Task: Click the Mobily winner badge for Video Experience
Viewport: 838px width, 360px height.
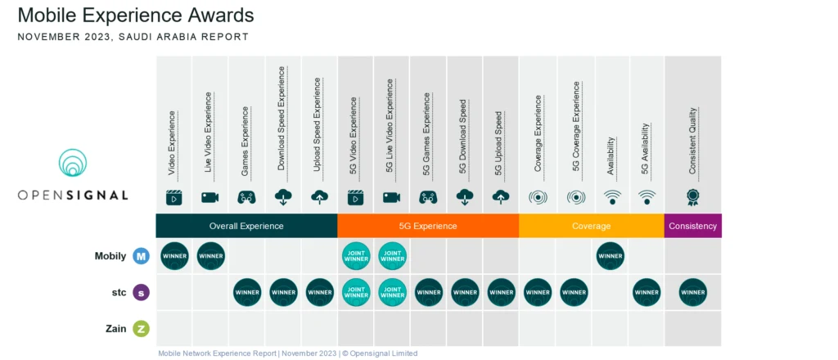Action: tap(174, 256)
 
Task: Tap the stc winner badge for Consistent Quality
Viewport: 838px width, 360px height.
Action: tap(692, 292)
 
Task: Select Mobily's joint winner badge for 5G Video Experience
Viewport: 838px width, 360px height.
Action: tap(355, 256)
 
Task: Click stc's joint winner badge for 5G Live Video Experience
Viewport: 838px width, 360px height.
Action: tap(392, 292)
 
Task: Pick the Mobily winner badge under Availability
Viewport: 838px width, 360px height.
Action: tap(610, 256)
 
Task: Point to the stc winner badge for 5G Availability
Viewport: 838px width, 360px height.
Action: tap(647, 292)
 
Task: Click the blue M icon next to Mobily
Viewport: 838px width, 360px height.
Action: tap(141, 256)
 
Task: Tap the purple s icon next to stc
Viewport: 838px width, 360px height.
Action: tap(141, 292)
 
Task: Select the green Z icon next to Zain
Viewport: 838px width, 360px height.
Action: tap(141, 328)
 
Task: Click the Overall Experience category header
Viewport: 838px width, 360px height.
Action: tap(246, 226)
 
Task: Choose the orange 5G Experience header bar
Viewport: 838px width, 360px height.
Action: tap(428, 226)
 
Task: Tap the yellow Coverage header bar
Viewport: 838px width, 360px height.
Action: tap(592, 226)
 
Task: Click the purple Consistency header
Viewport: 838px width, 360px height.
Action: tap(692, 226)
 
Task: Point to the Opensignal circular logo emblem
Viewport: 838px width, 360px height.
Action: tap(74, 164)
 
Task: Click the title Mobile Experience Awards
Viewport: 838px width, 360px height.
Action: tap(135, 16)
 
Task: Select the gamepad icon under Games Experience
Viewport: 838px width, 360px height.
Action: tap(246, 197)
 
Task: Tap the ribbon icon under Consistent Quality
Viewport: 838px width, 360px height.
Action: tap(692, 197)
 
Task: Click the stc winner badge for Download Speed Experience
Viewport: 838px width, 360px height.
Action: tap(283, 292)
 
